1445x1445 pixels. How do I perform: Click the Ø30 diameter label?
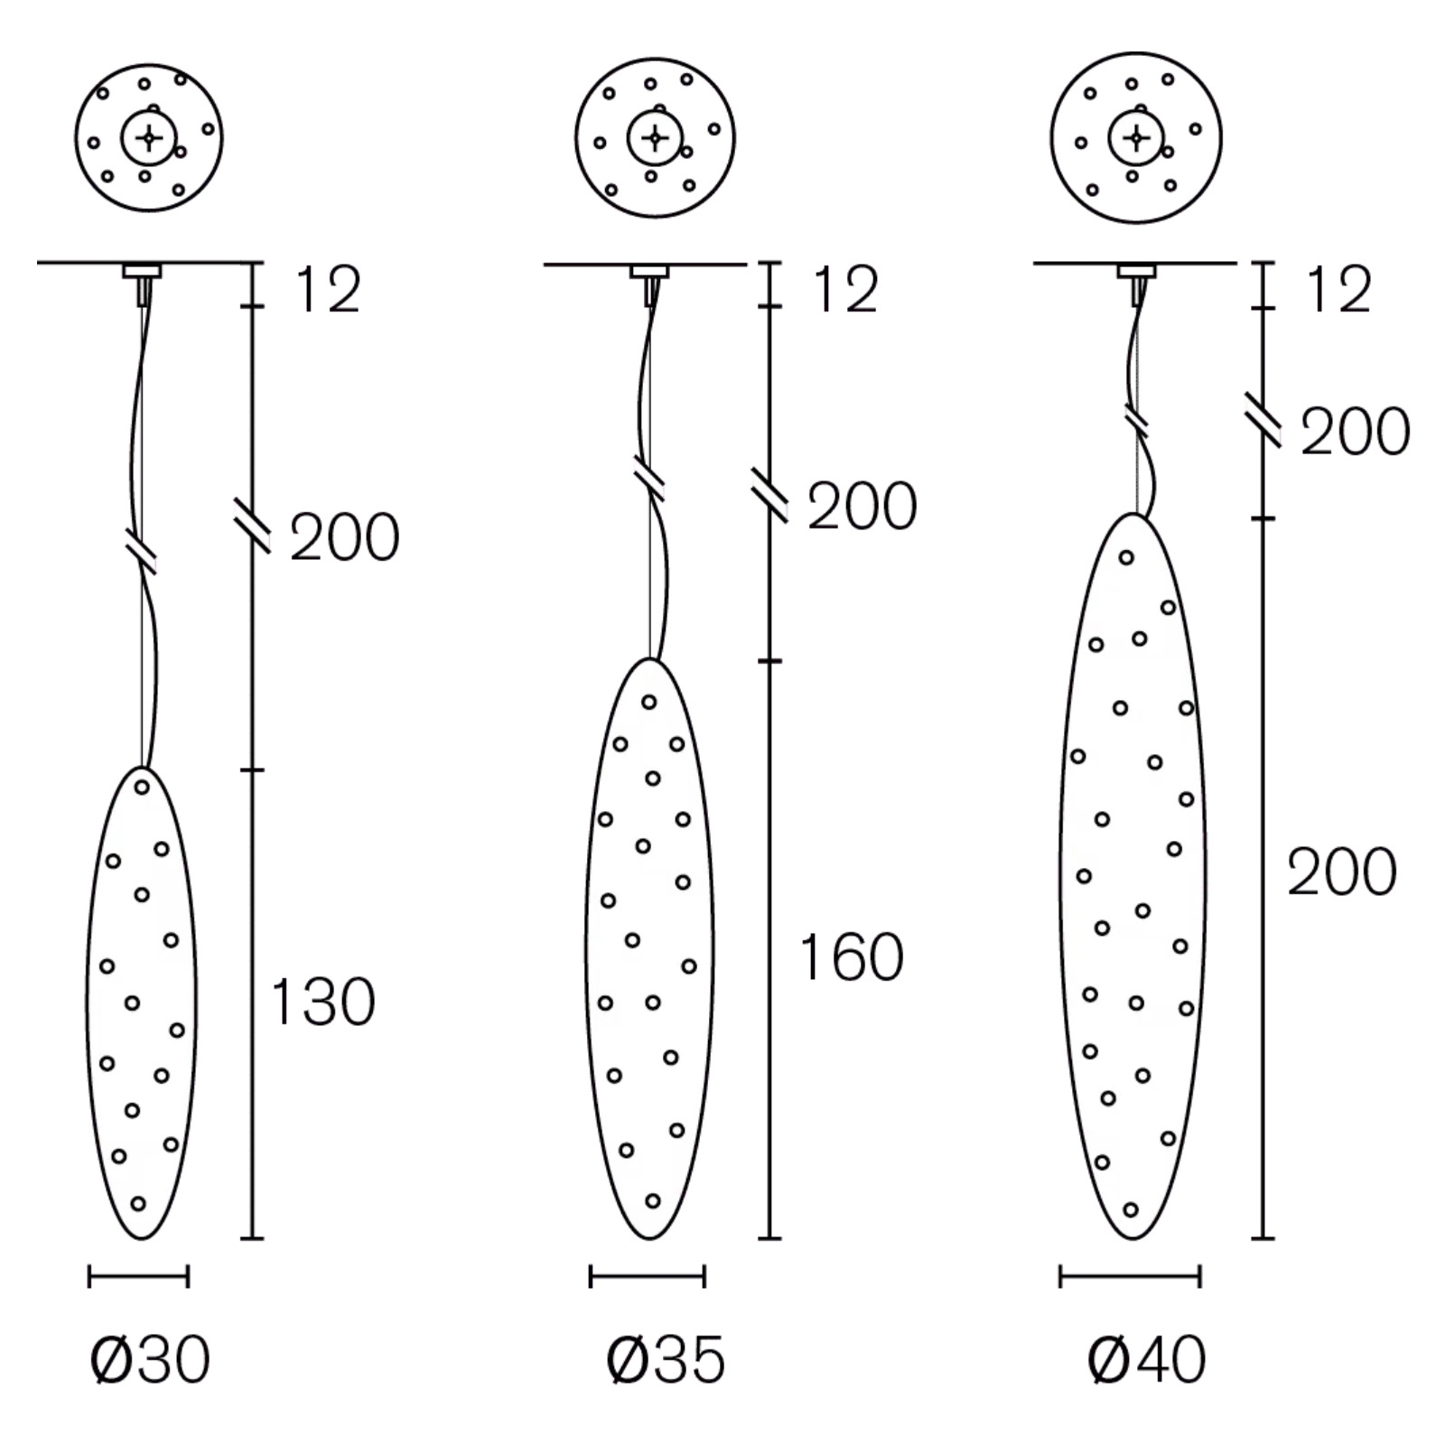pos(150,1359)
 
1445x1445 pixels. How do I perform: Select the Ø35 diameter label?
pos(666,1359)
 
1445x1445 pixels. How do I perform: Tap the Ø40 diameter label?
pos(1147,1359)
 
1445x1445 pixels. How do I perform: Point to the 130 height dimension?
pos(322,1002)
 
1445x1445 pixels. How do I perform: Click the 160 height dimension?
pos(852,957)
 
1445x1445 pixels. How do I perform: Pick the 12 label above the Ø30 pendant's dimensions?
pos(328,290)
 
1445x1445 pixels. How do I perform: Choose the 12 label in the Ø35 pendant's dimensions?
pos(845,290)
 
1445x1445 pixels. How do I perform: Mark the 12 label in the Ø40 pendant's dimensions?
pos(1338,290)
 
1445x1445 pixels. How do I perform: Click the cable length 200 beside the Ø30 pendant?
pos(345,538)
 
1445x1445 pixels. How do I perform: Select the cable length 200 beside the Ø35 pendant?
pos(862,506)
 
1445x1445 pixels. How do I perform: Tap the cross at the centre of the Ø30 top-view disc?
pos(150,138)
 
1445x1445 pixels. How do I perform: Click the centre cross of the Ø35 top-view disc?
pos(656,138)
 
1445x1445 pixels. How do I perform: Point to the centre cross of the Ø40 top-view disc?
pos(1136,138)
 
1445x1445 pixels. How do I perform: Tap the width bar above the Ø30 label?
pos(138,1276)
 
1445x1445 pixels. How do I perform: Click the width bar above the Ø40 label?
pos(1130,1276)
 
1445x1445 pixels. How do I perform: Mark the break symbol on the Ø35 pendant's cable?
pos(650,480)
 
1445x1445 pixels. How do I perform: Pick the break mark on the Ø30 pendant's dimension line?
pos(252,524)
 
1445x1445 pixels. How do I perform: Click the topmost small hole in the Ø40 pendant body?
pos(1126,557)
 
